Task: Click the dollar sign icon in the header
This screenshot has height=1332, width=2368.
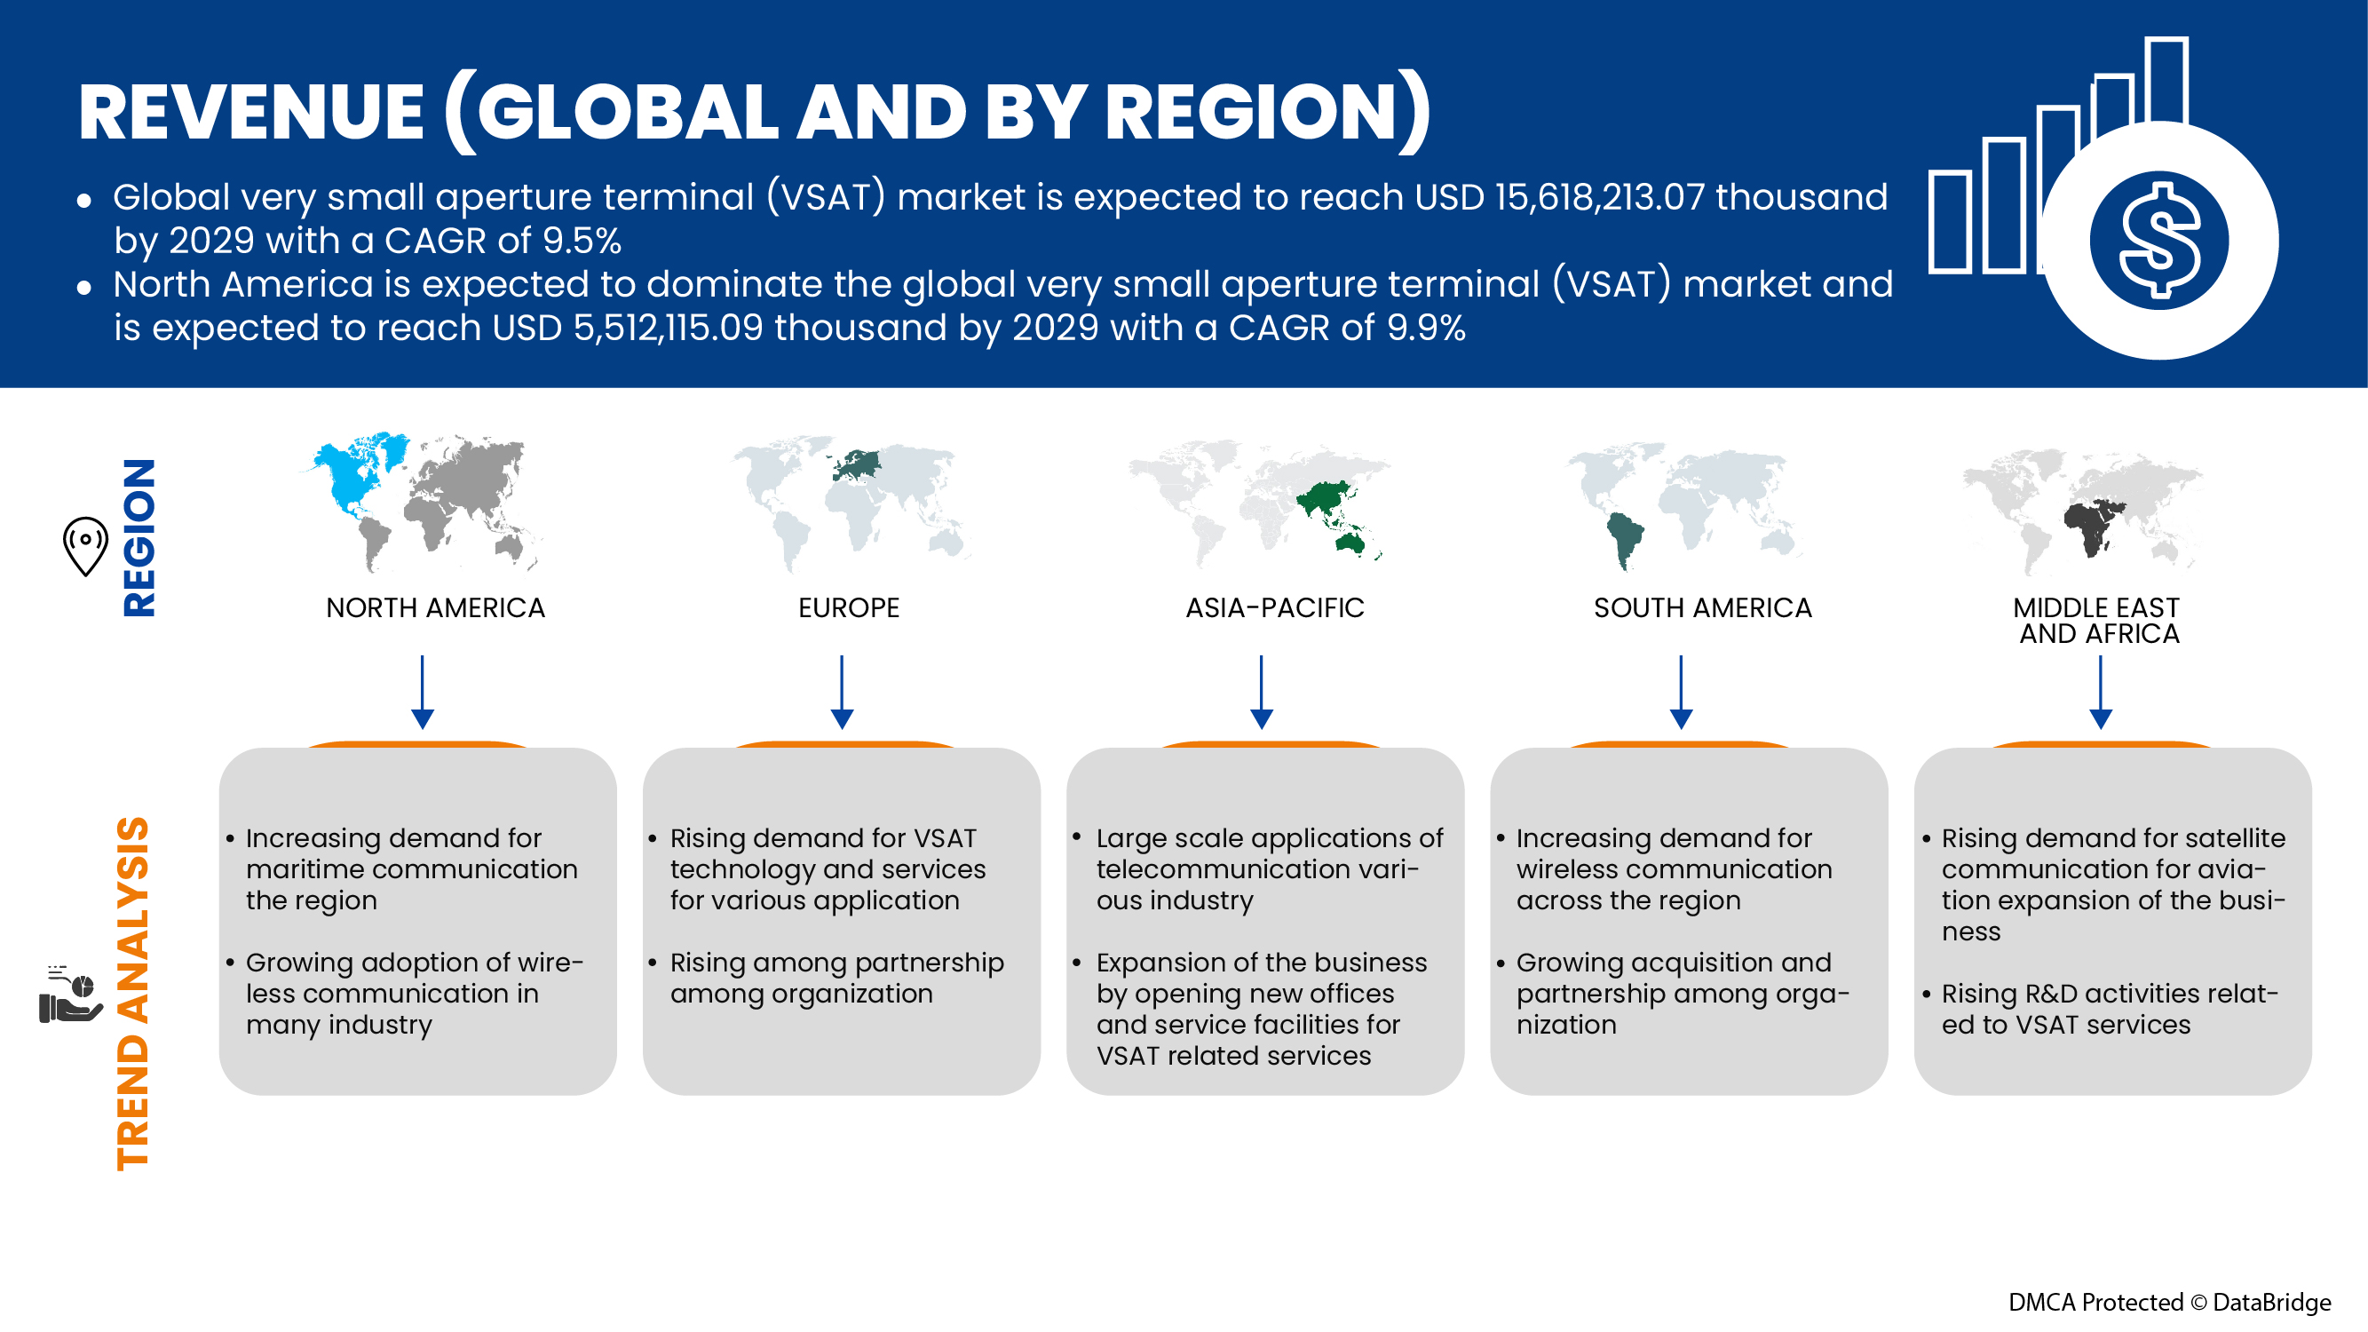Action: (x=2158, y=241)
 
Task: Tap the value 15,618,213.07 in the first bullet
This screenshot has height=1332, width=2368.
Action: (x=1598, y=198)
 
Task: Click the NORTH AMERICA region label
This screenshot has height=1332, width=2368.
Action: (x=435, y=607)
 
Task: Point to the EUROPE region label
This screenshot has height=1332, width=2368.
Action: (x=848, y=607)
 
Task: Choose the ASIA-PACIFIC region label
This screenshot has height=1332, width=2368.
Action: (x=1274, y=607)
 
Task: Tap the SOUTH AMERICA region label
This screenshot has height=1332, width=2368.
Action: (x=1701, y=607)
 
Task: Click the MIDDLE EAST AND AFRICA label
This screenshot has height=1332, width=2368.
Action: (x=2096, y=621)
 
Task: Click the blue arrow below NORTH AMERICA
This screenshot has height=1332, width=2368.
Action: (x=422, y=694)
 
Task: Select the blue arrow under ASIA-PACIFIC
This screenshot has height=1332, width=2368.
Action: (x=1261, y=694)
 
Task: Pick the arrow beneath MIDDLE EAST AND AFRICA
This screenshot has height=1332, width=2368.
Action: (x=2101, y=694)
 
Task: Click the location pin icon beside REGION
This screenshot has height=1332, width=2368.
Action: (x=85, y=545)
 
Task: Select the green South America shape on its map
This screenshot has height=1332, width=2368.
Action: (x=1623, y=539)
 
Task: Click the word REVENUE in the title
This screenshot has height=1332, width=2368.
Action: (x=251, y=112)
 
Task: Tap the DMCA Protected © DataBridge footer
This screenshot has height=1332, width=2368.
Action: (x=2168, y=1302)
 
